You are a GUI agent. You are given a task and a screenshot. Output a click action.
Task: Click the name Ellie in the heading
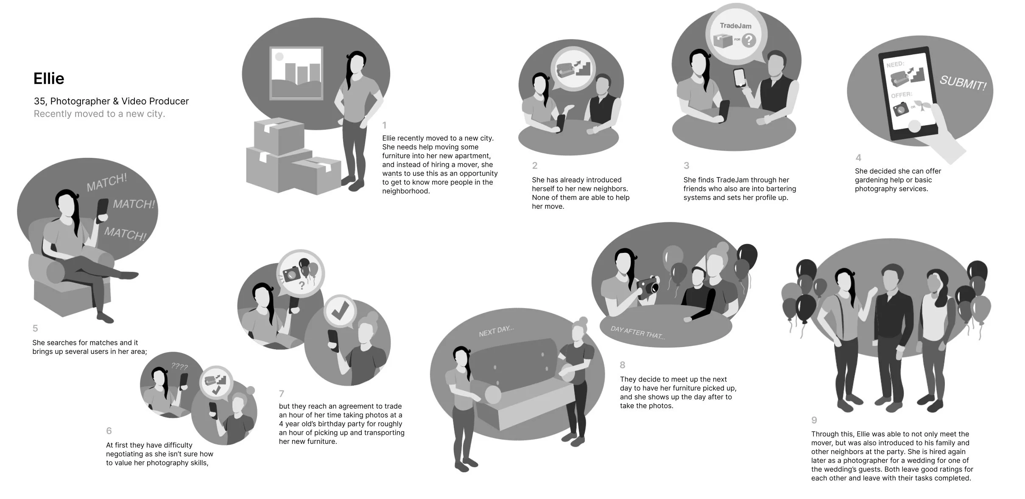49,79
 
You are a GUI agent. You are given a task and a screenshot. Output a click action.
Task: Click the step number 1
384,125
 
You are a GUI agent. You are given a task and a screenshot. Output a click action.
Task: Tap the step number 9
814,420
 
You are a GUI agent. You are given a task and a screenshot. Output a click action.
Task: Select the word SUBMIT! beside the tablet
963,83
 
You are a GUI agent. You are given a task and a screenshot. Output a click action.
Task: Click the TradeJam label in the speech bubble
735,26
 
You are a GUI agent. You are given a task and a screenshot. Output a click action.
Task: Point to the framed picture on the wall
296,73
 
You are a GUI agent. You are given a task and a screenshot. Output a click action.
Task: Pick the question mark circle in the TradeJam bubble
749,40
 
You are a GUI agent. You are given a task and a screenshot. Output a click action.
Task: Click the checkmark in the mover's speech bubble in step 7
340,312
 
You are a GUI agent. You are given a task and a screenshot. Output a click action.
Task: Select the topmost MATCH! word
106,182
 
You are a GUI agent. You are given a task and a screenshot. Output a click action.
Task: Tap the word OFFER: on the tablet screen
901,95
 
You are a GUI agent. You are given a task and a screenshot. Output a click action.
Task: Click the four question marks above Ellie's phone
179,366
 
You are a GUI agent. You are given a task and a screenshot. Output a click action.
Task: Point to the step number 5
35,328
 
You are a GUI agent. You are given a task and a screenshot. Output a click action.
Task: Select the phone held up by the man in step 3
740,78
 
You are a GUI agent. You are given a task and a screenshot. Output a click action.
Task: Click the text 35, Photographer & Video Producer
111,101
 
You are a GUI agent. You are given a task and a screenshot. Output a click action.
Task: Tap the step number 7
282,394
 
